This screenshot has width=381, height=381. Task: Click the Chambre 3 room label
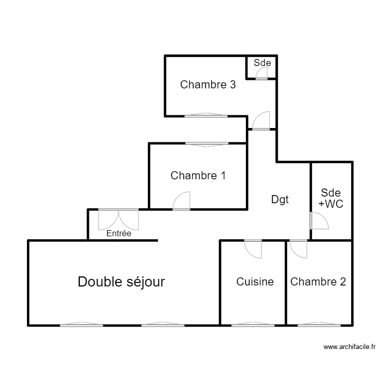click(x=208, y=85)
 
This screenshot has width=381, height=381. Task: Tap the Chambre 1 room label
click(x=198, y=176)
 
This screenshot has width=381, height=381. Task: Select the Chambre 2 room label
click(x=318, y=281)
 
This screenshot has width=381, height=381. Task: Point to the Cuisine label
click(x=255, y=281)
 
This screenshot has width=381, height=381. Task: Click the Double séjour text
click(x=121, y=281)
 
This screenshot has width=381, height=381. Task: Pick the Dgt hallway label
click(x=279, y=200)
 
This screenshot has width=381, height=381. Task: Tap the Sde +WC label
click(x=330, y=198)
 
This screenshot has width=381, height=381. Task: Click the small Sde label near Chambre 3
click(x=262, y=63)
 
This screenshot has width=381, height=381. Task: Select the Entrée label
click(x=119, y=234)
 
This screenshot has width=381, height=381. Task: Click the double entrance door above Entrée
click(x=118, y=218)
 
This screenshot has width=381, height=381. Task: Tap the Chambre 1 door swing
click(x=181, y=201)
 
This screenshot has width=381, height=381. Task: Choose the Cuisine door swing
click(x=253, y=248)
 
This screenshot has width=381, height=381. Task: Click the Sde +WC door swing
click(x=319, y=220)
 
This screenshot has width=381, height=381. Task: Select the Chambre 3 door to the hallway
click(x=261, y=121)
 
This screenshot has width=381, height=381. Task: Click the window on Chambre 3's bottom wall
click(x=206, y=116)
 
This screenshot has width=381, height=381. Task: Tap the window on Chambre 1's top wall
click(x=206, y=144)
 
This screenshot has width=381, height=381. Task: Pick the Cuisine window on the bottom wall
click(x=252, y=324)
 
